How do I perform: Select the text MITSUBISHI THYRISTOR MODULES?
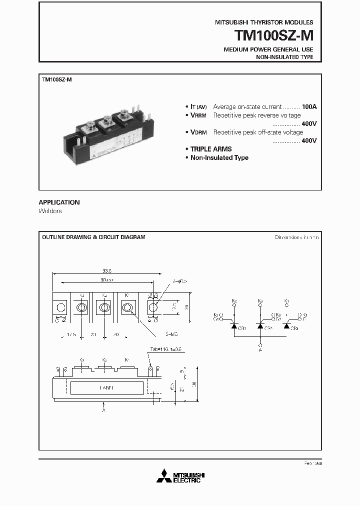pyautogui.click(x=264, y=22)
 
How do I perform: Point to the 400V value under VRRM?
pyautogui.click(x=309, y=124)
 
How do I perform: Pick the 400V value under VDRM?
pyautogui.click(x=309, y=141)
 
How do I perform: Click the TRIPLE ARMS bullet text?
pyautogui.click(x=210, y=149)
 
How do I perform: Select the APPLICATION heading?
pyautogui.click(x=59, y=202)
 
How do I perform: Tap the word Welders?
pyautogui.click(x=50, y=211)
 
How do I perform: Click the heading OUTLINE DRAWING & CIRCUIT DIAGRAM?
pyautogui.click(x=93, y=237)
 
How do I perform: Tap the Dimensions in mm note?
pyautogui.click(x=296, y=237)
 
